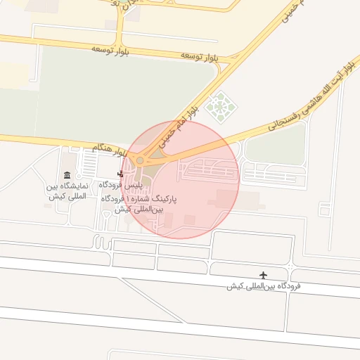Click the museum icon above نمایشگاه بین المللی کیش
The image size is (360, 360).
67,175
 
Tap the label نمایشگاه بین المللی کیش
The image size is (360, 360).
67,191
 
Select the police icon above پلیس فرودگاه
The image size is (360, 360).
121,173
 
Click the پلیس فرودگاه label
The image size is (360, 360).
121,185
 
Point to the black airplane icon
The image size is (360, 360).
264,274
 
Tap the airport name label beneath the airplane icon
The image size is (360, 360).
264,286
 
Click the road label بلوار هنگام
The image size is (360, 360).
108,149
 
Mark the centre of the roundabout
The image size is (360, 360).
141,161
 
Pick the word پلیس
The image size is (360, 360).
134,185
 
